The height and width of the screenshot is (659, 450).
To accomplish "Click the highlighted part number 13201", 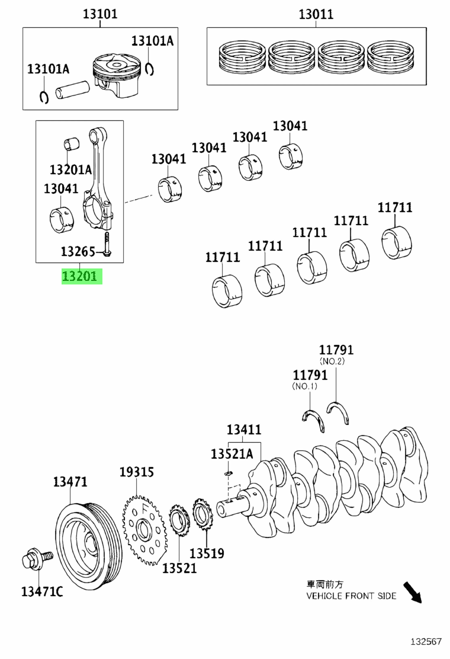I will (x=82, y=276).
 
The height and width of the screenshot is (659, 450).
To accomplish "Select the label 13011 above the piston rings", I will (x=316, y=14).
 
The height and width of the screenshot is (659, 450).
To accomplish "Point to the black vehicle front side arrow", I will (x=413, y=592).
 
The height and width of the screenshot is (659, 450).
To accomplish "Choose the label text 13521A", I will (x=232, y=453).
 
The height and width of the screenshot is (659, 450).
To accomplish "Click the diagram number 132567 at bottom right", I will (x=426, y=642).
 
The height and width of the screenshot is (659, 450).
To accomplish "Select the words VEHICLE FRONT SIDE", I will (x=351, y=596).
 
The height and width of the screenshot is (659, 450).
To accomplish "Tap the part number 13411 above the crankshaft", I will (x=244, y=430).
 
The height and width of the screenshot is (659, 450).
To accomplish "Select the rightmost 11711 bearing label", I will (x=395, y=207).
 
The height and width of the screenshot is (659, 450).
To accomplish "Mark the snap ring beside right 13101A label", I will (x=150, y=68).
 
